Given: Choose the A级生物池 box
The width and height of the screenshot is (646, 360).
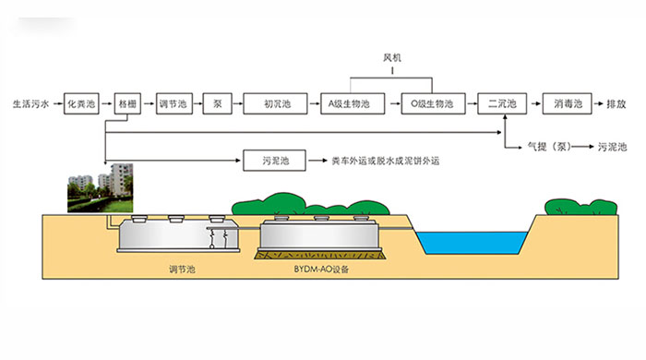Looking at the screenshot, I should point(350,102).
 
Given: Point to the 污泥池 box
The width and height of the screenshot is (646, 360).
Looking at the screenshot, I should point(267,161).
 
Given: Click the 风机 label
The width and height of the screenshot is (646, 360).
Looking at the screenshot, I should point(392,58).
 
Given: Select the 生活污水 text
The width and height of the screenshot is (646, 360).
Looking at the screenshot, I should point(30,102).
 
